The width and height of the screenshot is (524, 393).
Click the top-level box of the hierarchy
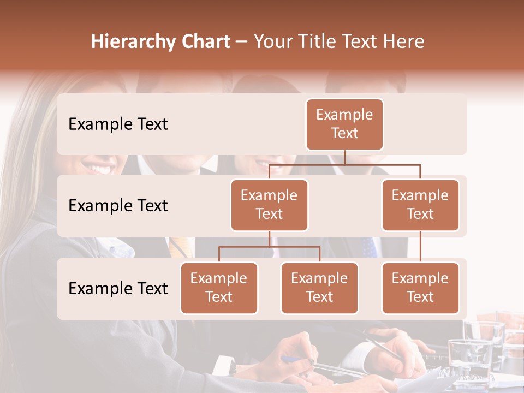click(x=344, y=124)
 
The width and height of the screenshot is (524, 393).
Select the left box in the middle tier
click(x=269, y=205)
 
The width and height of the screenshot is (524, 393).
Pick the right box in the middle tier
click(x=420, y=205)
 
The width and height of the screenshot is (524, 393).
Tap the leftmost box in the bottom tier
click(x=219, y=288)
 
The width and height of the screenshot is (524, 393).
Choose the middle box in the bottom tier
click(x=319, y=288)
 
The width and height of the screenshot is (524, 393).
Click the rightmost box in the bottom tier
click(x=420, y=288)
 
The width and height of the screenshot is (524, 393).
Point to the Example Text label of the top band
click(x=118, y=124)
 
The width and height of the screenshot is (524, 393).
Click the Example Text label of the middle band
click(x=118, y=205)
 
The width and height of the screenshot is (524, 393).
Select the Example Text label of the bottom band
click(x=118, y=288)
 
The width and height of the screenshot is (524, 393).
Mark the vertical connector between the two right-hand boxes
click(x=420, y=247)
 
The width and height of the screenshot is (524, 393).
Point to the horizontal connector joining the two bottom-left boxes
click(x=269, y=247)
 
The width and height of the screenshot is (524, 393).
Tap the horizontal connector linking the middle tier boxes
click(x=344, y=164)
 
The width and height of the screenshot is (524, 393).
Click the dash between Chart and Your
click(x=242, y=42)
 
